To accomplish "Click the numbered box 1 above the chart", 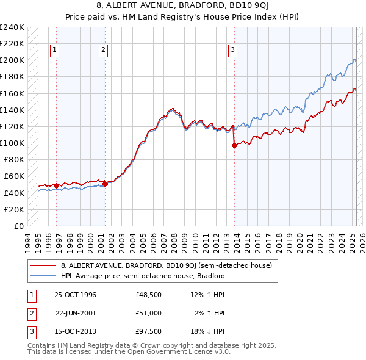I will [x=55, y=51].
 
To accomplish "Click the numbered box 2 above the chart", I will [x=103, y=51].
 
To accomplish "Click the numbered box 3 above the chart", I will [x=233, y=51].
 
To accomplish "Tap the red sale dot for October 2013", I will [x=234, y=145].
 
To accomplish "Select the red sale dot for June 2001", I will [x=105, y=184].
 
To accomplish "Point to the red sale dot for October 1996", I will [x=57, y=185].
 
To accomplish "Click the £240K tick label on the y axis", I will [x=12, y=27].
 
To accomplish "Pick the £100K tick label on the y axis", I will [x=12, y=143].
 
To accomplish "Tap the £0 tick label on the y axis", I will [x=19, y=226].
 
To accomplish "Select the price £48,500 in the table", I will [x=148, y=295].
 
